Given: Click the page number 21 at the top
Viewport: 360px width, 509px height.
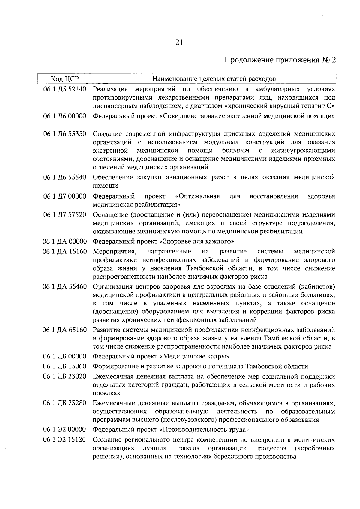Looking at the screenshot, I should [178, 43].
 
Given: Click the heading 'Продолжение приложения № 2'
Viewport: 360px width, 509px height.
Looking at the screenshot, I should [280, 60].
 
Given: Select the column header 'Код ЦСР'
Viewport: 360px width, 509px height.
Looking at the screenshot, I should [64, 79].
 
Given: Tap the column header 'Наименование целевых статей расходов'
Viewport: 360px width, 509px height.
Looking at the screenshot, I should [214, 79].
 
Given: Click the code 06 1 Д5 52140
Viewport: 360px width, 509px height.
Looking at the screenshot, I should [65, 89].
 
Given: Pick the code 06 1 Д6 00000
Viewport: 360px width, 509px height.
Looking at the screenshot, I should [65, 116].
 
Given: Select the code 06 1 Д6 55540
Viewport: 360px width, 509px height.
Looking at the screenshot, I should [65, 177].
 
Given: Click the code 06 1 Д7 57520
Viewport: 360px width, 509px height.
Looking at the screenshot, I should [65, 215].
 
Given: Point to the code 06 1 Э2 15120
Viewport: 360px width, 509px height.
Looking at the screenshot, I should [65, 440].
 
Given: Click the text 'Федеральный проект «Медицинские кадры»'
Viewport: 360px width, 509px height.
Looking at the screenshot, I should [161, 357].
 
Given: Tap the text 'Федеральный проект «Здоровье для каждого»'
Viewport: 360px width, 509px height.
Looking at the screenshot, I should [163, 241].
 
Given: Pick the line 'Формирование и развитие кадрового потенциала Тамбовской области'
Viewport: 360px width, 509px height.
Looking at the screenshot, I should [200, 367].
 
